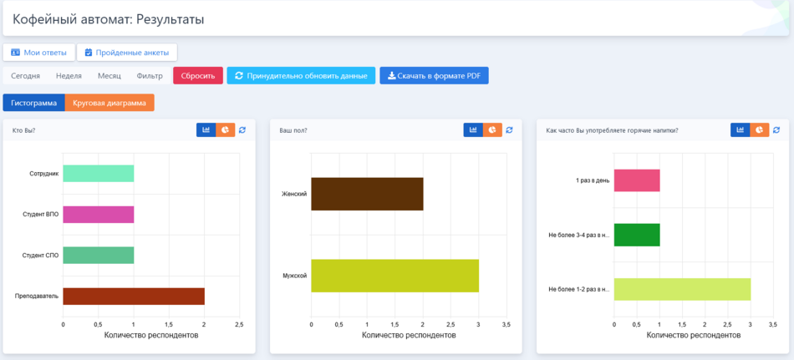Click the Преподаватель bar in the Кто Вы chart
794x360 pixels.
(x=134, y=296)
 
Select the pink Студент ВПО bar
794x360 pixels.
(x=98, y=214)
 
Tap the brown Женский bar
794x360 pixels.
(x=367, y=194)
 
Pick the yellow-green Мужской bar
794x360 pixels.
(x=394, y=276)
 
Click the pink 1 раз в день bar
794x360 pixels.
(x=637, y=180)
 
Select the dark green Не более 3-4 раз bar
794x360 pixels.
(x=637, y=235)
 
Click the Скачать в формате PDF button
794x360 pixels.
(x=434, y=76)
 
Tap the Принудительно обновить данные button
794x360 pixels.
(x=301, y=76)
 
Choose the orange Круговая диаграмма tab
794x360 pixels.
(x=109, y=103)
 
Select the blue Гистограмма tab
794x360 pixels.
(x=33, y=103)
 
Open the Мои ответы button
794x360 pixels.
(x=38, y=53)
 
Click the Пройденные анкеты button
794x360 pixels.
(x=127, y=53)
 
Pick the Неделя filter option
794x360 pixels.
(x=69, y=76)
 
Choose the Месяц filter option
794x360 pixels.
(x=109, y=76)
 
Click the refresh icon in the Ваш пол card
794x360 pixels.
(x=509, y=130)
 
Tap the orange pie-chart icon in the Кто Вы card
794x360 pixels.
(x=226, y=130)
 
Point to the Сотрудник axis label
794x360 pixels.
(x=43, y=174)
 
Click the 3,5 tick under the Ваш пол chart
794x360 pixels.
(x=506, y=324)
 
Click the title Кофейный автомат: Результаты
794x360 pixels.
(x=108, y=18)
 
